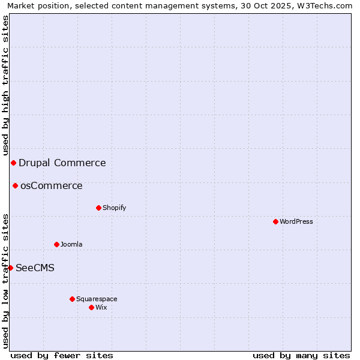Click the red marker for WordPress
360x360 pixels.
(x=275, y=221)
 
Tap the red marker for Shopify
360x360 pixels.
(x=98, y=208)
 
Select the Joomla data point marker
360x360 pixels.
(x=56, y=244)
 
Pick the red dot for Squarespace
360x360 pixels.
(x=72, y=299)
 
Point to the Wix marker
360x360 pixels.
(x=91, y=307)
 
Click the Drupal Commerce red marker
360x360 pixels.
(x=13, y=163)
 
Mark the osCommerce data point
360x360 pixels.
(x=15, y=185)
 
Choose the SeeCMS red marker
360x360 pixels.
(x=10, y=268)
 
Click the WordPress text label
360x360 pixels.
(x=296, y=221)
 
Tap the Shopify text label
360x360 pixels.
(x=114, y=208)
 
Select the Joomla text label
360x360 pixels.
(x=71, y=244)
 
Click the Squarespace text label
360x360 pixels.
(x=97, y=299)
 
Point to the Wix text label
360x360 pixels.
(x=101, y=307)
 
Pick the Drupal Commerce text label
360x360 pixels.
(x=62, y=163)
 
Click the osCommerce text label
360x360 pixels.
(x=52, y=185)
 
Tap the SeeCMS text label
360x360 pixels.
(x=35, y=268)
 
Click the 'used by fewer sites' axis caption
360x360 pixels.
(x=62, y=355)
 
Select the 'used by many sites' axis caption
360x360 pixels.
(x=301, y=355)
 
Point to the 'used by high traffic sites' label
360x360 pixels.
(x=5, y=85)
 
